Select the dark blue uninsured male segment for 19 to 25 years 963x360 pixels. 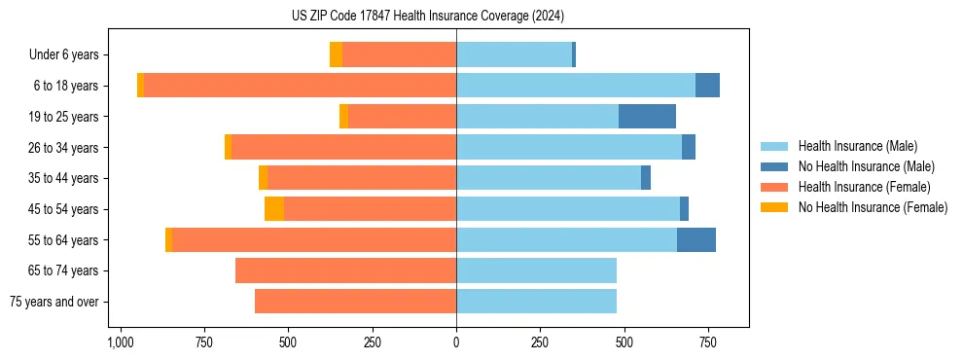[647, 117]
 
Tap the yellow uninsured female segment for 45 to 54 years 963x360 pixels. [274, 209]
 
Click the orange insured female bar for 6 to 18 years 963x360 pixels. [300, 86]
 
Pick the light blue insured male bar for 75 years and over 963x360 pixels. [536, 302]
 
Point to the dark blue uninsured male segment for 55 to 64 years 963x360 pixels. [696, 240]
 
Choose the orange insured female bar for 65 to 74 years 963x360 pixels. [345, 270]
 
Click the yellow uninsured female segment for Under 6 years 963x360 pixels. [336, 54]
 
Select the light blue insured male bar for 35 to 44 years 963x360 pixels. [549, 178]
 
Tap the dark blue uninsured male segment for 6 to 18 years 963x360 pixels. [707, 86]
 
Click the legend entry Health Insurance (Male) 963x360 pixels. [857, 146]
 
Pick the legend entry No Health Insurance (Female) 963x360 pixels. [873, 207]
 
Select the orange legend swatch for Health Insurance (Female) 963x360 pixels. [774, 187]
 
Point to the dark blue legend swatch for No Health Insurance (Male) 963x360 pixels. [774, 166]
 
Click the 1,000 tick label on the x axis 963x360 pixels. [121, 342]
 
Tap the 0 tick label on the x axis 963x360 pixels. [456, 342]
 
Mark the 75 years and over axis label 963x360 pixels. [53, 302]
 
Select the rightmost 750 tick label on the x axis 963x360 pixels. [707, 342]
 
